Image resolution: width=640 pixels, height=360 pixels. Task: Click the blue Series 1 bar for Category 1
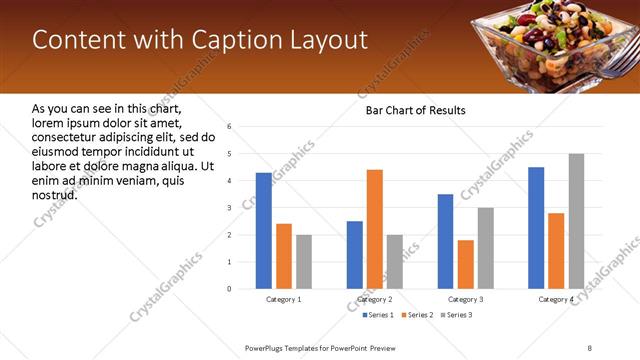(x=263, y=231)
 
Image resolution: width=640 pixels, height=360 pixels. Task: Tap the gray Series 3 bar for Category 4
(x=576, y=221)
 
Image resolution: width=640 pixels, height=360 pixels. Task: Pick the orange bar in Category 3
(x=466, y=264)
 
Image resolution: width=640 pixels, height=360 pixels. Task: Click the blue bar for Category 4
(x=536, y=228)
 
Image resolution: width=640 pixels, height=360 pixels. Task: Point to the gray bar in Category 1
(x=304, y=262)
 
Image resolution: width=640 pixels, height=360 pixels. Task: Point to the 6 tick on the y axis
(x=230, y=127)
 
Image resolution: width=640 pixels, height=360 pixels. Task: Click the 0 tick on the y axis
(x=230, y=289)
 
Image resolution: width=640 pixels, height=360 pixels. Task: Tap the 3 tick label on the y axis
(x=230, y=208)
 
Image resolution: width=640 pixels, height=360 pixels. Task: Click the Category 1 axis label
(x=284, y=299)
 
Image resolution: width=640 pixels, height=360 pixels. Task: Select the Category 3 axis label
(x=465, y=299)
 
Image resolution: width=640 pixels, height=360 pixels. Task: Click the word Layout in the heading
(x=326, y=40)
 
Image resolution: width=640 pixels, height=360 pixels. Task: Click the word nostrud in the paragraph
(x=55, y=194)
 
